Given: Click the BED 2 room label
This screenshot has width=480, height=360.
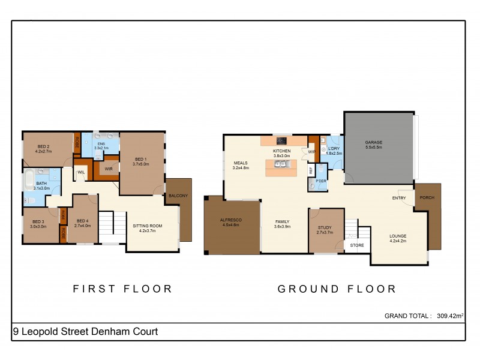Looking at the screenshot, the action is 43,146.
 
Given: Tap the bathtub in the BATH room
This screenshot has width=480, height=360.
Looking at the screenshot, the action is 29,179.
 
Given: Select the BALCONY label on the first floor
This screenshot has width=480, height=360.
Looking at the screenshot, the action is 178,196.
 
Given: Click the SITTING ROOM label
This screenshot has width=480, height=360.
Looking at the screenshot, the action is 147,226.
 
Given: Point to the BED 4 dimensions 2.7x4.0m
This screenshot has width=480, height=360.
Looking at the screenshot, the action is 82,226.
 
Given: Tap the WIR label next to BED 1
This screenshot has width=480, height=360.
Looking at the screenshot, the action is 109,169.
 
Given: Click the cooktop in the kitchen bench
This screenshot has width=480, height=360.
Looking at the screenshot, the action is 281,142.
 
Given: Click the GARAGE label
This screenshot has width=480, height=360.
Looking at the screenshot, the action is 374,142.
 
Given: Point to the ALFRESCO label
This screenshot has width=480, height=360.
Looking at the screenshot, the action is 232,221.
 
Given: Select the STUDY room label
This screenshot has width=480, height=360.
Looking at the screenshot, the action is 325,227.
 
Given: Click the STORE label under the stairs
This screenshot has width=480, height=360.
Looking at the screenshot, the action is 356,245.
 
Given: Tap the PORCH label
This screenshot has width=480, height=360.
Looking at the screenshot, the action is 427,198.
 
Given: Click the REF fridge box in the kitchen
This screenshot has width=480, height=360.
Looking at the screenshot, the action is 310,170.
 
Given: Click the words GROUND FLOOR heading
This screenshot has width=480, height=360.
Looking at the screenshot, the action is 337,289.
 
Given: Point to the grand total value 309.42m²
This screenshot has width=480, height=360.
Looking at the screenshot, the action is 449,315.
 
